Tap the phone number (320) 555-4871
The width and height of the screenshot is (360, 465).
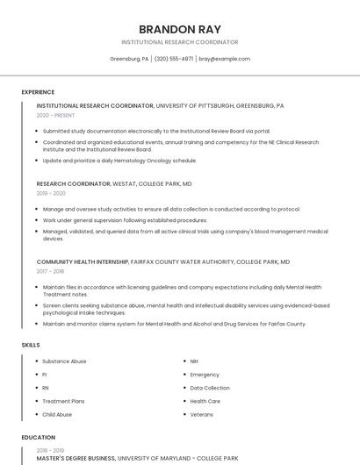[174, 59]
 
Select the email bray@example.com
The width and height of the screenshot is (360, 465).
[224, 59]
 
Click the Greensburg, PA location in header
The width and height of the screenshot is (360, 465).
[129, 59]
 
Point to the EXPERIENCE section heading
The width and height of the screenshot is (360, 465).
[38, 92]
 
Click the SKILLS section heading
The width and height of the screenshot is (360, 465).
[31, 345]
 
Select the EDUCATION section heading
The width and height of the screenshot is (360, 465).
[38, 437]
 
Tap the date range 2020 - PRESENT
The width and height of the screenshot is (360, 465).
[55, 115]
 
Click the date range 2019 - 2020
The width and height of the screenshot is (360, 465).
[51, 193]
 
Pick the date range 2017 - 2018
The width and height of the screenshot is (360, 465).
[50, 270]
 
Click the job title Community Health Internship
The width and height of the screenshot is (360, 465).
[82, 261]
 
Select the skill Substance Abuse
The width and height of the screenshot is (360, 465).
[64, 361]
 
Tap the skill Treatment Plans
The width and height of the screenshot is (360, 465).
[62, 401]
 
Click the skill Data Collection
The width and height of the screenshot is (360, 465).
[210, 388]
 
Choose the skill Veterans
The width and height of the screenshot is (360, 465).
[202, 414]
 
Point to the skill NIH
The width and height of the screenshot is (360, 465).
[194, 361]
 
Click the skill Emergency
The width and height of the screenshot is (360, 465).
[205, 375]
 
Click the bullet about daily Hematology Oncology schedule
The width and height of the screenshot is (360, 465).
[119, 161]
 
